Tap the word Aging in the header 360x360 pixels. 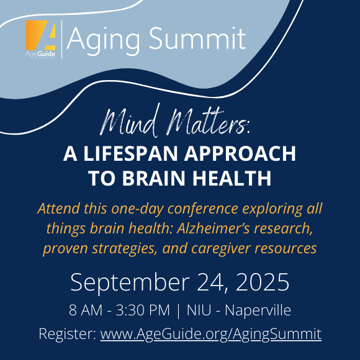click(x=103, y=40)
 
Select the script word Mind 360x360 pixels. click(x=130, y=121)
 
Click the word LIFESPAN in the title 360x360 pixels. click(x=130, y=153)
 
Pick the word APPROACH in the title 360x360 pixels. click(x=240, y=153)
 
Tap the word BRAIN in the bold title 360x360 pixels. click(x=153, y=178)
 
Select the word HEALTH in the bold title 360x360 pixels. click(x=232, y=178)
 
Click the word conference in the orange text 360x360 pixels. click(x=203, y=209)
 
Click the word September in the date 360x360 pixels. click(x=130, y=283)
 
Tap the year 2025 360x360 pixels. click(x=262, y=282)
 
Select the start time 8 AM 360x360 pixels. click(x=86, y=310)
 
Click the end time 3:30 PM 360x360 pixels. click(x=143, y=310)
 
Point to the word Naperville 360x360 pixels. click(x=258, y=310)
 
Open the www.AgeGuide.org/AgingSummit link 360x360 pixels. click(x=211, y=334)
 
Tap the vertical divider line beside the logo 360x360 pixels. click(x=62, y=39)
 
